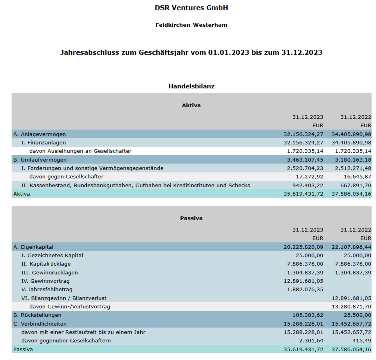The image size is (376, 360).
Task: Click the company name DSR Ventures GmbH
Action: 191,8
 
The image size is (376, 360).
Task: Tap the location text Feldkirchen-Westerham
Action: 191,25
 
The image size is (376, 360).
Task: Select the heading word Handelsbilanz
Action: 191,86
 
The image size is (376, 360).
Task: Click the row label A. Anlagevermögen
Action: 40,134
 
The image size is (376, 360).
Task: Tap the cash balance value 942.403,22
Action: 307,185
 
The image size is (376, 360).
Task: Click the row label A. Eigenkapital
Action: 34,247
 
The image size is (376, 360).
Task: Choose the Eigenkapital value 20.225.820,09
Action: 303,247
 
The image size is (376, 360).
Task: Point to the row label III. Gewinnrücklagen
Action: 50,272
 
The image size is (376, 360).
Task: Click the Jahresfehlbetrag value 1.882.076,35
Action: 305,289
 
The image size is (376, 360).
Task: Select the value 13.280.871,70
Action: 351,306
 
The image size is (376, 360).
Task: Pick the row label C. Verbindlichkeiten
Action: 40,324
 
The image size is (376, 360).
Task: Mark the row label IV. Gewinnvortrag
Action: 46,281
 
